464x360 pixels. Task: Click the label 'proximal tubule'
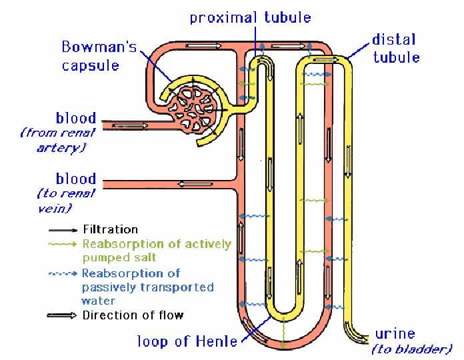pyautogui.click(x=250, y=17)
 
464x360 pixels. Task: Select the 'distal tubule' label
pyautogui.click(x=396, y=48)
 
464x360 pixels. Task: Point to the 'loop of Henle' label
pyautogui.click(x=187, y=341)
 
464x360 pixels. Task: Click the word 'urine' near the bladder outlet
pyautogui.click(x=395, y=333)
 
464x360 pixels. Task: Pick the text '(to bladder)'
pyautogui.click(x=412, y=349)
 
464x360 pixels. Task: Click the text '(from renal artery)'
pyautogui.click(x=59, y=139)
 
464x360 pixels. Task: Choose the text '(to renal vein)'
pyautogui.click(x=65, y=200)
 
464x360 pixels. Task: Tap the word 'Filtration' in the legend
pyautogui.click(x=110, y=229)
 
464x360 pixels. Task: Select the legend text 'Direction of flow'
pyautogui.click(x=133, y=315)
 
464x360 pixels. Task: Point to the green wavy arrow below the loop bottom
pyautogui.click(x=283, y=337)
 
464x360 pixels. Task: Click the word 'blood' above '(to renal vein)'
pyautogui.click(x=76, y=179)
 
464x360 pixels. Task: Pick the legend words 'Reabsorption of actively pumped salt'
pyautogui.click(x=157, y=250)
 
